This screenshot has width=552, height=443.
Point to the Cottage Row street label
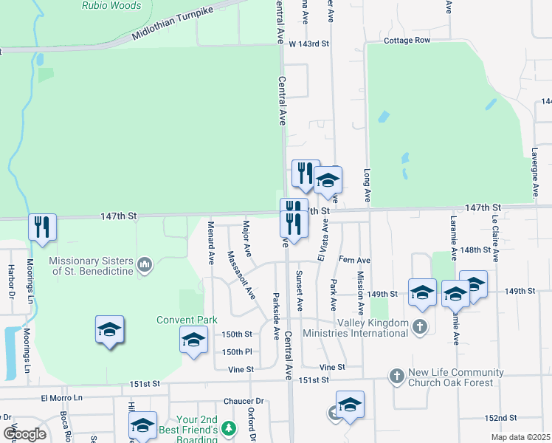pos(407,41)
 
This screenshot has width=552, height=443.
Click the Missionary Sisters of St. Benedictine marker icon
pos(145,264)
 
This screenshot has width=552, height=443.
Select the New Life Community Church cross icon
pos(397,377)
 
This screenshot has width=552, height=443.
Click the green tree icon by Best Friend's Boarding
pos(230,428)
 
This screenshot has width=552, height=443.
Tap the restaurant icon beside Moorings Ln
pos(42,227)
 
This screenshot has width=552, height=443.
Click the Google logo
pos(24,433)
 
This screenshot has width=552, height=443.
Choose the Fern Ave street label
pos(353,261)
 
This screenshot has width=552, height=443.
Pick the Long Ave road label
pos(366,185)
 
